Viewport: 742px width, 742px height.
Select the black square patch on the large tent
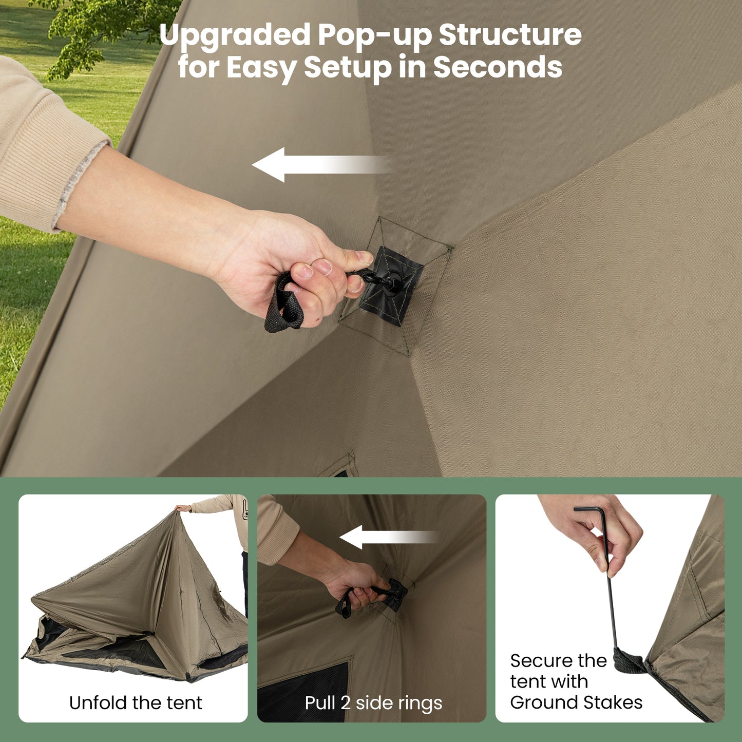tap(391, 286)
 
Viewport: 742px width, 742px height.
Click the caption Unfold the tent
tap(136, 702)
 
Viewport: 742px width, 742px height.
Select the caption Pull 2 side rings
tap(373, 702)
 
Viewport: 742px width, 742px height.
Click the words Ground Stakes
tap(576, 702)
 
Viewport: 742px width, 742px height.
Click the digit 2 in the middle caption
tap(346, 702)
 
